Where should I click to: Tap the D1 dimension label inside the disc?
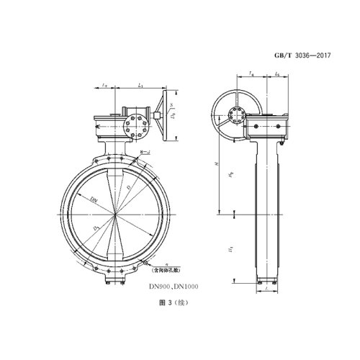coord(96,229)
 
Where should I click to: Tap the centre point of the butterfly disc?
coord(115,215)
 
